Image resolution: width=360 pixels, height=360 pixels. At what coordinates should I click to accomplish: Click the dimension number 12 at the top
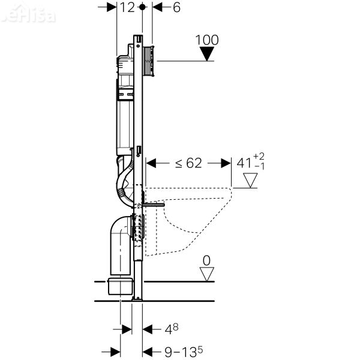pyautogui.click(x=127, y=8)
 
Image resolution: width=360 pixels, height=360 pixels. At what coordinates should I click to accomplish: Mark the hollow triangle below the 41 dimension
pyautogui.click(x=249, y=180)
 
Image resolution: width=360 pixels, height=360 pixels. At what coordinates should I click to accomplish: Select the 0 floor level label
pyautogui.click(x=208, y=260)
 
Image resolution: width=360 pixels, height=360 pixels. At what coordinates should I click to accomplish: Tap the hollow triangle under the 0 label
pyautogui.click(x=208, y=274)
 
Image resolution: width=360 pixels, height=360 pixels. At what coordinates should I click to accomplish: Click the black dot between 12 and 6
pyautogui.click(x=142, y=8)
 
